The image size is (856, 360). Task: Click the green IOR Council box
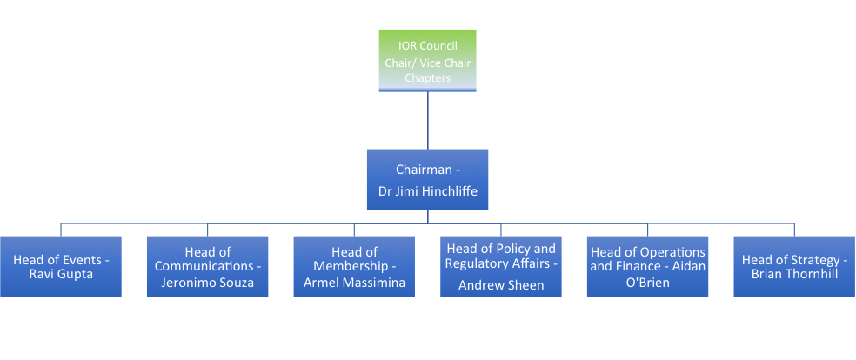click(x=427, y=60)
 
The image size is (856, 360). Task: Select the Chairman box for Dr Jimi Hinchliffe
click(x=427, y=179)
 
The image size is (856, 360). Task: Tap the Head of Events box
click(x=60, y=266)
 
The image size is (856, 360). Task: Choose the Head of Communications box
click(x=207, y=266)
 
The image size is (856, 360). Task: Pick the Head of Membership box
click(x=354, y=266)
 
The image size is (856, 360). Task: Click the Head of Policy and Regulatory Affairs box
click(x=500, y=266)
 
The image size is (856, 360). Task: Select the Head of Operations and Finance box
click(x=647, y=266)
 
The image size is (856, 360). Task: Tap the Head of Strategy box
click(x=794, y=266)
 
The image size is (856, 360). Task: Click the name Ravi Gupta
click(x=60, y=275)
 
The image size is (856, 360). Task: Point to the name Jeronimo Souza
click(x=207, y=283)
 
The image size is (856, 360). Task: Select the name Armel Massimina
click(x=354, y=283)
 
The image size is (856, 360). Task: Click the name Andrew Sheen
click(x=500, y=284)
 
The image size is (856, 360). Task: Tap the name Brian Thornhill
click(x=794, y=275)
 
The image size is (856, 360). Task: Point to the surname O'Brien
click(x=647, y=283)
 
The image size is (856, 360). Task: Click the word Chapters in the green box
click(x=427, y=78)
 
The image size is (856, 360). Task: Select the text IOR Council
click(x=427, y=46)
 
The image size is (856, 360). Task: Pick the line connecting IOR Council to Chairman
click(x=427, y=120)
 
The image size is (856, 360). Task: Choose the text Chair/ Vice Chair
click(x=427, y=63)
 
